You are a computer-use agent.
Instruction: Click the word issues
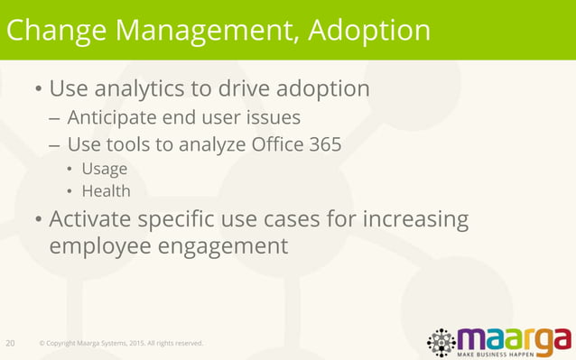click(x=273, y=117)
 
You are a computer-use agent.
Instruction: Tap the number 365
click(x=324, y=144)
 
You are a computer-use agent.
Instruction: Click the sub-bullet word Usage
click(x=104, y=169)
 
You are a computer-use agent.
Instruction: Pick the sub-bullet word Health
click(x=106, y=191)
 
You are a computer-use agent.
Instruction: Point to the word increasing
click(x=416, y=219)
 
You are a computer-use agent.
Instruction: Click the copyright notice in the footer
click(x=121, y=344)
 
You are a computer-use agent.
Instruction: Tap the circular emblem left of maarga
click(x=441, y=342)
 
